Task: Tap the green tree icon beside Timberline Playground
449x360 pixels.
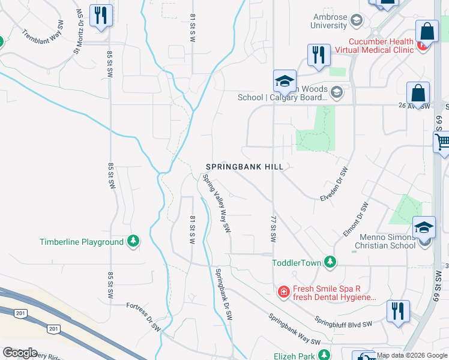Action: (x=133, y=242)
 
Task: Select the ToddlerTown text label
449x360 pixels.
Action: (x=297, y=262)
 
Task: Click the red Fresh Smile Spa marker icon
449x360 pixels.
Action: (x=283, y=292)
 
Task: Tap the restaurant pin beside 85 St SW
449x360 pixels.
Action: (x=101, y=16)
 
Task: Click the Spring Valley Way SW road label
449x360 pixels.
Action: (x=217, y=203)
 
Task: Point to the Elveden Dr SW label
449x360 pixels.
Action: (x=334, y=184)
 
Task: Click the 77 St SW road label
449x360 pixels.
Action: (x=273, y=229)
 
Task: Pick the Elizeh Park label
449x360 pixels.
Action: (x=294, y=355)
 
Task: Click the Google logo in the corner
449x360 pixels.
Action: (x=20, y=353)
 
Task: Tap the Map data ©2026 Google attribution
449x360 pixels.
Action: (x=411, y=355)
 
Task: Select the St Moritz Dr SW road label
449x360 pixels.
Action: (x=78, y=32)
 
